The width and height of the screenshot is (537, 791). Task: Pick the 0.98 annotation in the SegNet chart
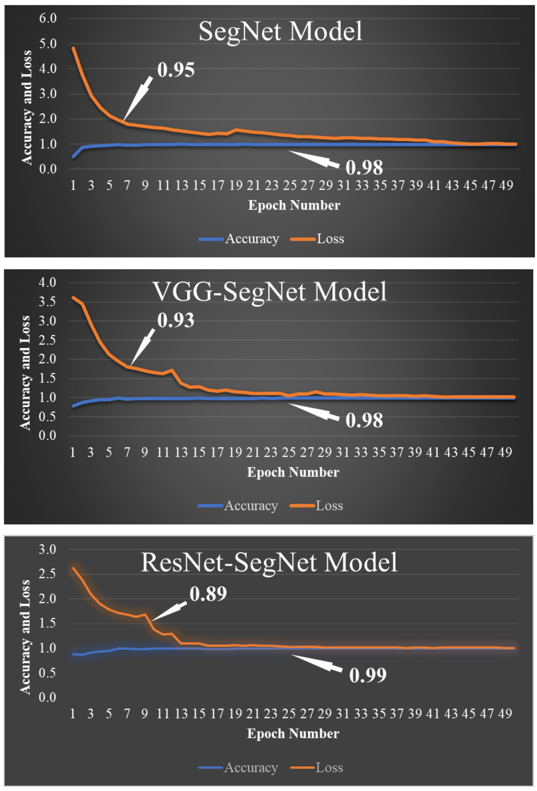click(x=364, y=167)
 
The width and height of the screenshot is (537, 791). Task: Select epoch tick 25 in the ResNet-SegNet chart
click(x=288, y=713)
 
